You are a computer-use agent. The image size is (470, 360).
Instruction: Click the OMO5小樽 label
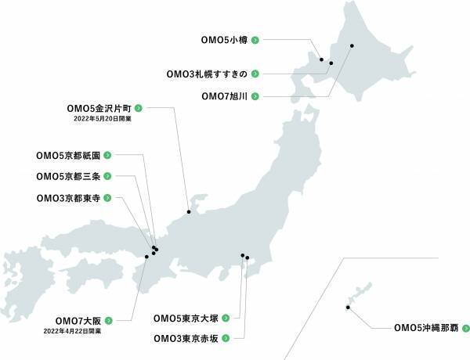point(226,38)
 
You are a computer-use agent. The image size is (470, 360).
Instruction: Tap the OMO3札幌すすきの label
point(208,74)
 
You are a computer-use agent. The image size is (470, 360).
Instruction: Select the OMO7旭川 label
point(225,96)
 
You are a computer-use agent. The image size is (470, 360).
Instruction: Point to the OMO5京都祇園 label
point(68,155)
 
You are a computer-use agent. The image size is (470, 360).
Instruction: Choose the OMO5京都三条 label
point(68,176)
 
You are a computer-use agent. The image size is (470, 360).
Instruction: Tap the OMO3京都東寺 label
point(68,198)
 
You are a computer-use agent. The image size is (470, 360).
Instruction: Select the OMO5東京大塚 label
point(186,319)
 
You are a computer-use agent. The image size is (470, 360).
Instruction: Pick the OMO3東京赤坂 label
point(186,339)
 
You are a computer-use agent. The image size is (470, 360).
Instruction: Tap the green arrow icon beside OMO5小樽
point(255,38)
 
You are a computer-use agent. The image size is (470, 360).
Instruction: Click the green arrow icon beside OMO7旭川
point(255,96)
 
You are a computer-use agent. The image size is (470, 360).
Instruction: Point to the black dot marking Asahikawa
point(352,45)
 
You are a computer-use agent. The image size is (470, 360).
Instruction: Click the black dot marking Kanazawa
point(189,212)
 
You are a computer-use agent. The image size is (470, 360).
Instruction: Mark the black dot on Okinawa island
point(347,307)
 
